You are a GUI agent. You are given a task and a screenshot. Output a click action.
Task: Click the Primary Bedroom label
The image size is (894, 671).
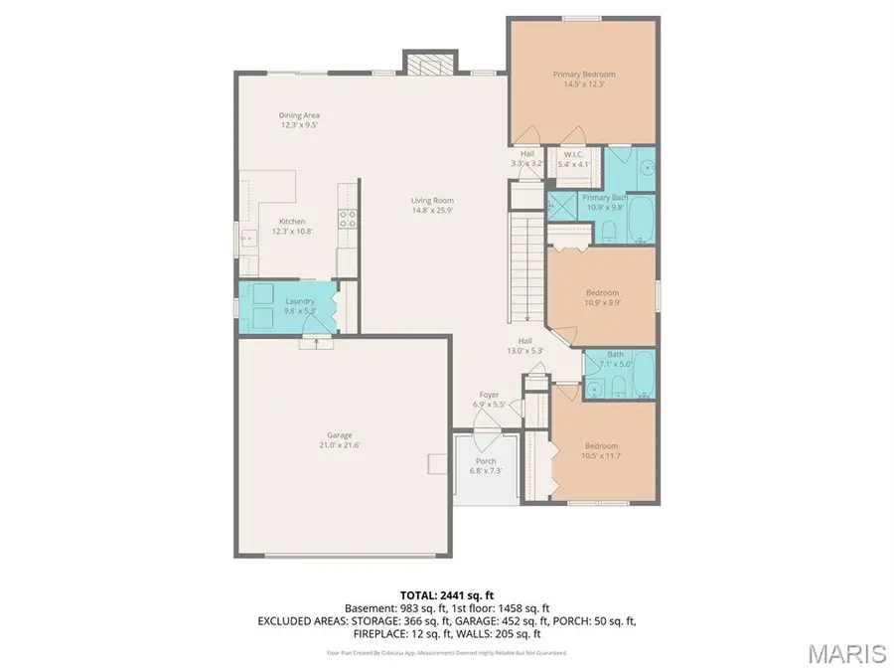pos(584,75)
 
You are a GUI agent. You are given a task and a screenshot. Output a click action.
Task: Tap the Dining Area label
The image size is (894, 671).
pos(298,115)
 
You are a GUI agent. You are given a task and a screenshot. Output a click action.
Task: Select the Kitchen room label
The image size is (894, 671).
pos(291,221)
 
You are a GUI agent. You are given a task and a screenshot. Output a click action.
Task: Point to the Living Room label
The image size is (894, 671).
pos(432,201)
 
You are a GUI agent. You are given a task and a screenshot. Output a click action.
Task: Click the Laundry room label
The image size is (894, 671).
pos(299,301)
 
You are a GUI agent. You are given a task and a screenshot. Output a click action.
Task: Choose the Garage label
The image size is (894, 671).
pos(340,434)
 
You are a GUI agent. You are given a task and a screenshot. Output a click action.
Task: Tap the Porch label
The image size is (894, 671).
pos(486,461)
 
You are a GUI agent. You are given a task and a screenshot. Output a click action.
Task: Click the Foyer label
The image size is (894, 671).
pos(489,395)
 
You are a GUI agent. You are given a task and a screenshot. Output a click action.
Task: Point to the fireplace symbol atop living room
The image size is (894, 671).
pos(430,63)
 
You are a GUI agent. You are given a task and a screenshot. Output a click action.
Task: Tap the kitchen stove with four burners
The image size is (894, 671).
pos(349,221)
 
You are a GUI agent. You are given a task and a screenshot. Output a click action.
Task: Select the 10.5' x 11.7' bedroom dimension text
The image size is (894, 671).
pos(602,456)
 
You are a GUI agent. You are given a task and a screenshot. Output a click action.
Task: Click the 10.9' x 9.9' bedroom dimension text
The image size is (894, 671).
pos(602,303)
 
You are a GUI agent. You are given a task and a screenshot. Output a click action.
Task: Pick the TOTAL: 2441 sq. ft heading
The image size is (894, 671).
pos(446,593)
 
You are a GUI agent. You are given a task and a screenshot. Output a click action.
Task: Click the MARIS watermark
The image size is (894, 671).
pos(846,653)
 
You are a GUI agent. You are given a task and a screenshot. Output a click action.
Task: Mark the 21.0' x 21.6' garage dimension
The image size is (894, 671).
pos(340,445)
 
